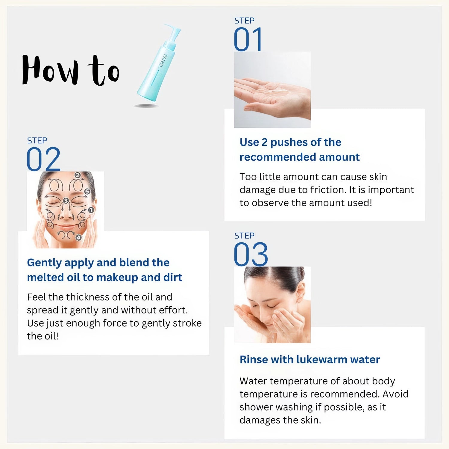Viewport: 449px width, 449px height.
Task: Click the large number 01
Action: click(248, 40)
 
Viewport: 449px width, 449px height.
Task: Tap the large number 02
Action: click(43, 159)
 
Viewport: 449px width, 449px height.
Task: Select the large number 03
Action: click(251, 254)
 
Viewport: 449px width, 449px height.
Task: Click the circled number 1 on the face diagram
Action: click(91, 210)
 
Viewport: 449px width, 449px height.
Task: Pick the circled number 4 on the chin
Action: click(78, 237)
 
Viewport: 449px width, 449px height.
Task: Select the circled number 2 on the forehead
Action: click(78, 175)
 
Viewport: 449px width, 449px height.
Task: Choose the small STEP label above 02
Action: click(37, 141)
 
